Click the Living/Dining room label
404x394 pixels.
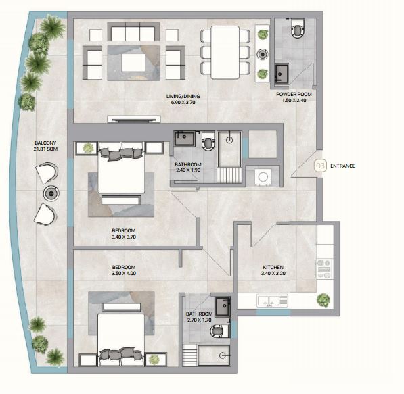click(183, 96)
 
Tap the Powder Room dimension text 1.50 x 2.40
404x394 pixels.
click(294, 101)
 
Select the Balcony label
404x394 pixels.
click(45, 143)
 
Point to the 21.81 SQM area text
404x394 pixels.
click(45, 149)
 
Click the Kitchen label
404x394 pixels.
click(273, 267)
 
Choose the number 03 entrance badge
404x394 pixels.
click(320, 166)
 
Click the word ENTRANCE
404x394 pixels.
click(342, 166)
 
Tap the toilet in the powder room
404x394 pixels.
click(297, 28)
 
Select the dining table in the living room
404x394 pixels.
click(225, 52)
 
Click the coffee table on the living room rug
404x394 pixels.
click(133, 63)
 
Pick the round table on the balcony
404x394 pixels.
click(51, 193)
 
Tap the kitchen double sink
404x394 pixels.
click(272, 301)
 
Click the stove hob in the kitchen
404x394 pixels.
click(324, 269)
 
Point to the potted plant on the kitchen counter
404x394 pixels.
click(323, 300)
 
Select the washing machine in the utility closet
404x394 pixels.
click(263, 177)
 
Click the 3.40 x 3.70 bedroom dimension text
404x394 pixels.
click(124, 237)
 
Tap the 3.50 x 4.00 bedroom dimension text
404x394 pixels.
click(124, 273)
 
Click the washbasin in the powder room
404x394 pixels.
click(282, 74)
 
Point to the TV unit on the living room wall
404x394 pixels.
click(134, 119)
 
